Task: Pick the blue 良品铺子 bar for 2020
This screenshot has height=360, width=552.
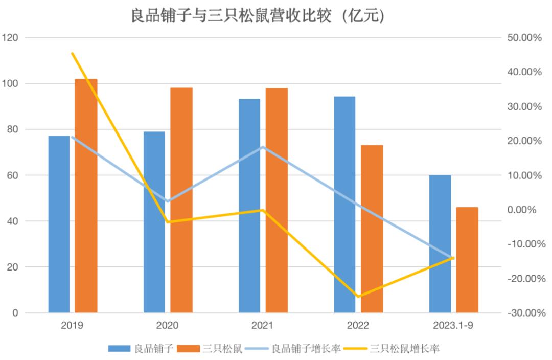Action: (x=154, y=222)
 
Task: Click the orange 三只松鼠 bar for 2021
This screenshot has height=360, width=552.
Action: (x=277, y=200)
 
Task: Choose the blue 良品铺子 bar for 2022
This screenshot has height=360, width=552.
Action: (x=344, y=204)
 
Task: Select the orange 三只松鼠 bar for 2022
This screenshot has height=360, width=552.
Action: (x=372, y=229)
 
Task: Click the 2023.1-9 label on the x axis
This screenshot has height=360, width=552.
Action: (x=453, y=326)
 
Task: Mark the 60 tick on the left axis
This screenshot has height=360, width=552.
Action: (x=12, y=175)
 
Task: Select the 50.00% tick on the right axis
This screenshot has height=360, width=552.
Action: (x=523, y=38)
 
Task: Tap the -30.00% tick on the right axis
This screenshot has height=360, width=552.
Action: (x=523, y=313)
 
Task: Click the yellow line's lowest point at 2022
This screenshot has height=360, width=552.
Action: (x=358, y=296)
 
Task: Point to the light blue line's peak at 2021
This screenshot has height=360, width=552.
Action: (x=263, y=147)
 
